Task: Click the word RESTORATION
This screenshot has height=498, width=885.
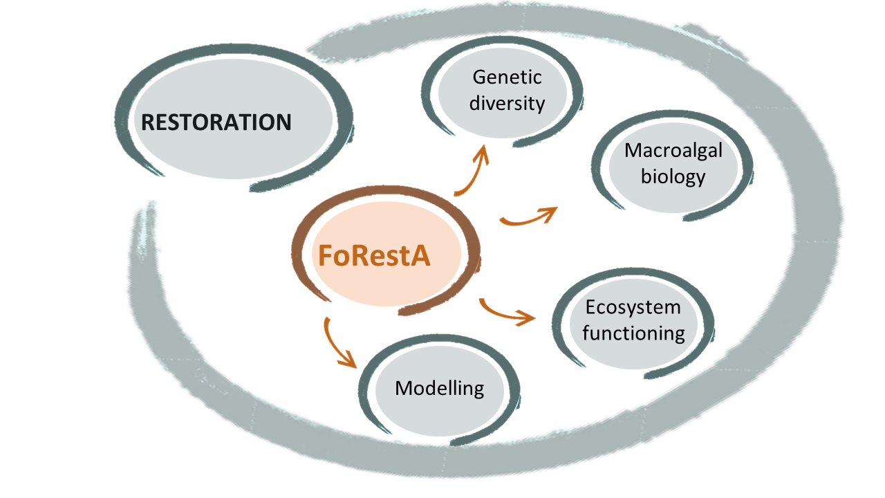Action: (216, 123)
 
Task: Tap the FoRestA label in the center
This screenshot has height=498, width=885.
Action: (374, 255)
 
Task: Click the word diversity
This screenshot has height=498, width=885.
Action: (507, 103)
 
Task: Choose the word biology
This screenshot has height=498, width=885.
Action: (673, 176)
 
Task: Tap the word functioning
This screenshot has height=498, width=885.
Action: (633, 333)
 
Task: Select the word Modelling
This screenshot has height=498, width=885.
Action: (439, 387)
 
